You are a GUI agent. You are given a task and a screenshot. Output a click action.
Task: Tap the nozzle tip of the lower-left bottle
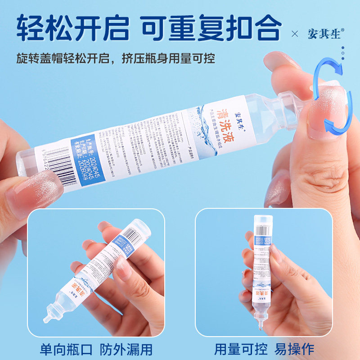[46, 319]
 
